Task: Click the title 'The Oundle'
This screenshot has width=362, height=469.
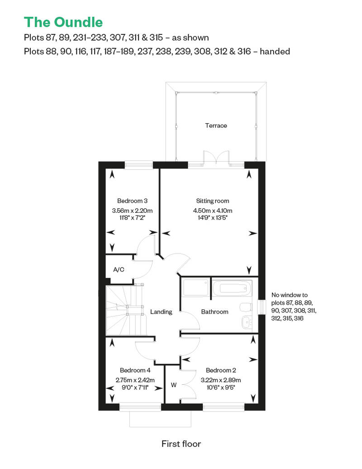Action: (63, 23)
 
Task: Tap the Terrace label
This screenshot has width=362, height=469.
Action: (216, 126)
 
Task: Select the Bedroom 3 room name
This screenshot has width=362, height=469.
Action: (132, 201)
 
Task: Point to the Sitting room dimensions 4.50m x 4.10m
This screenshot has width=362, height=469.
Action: (213, 211)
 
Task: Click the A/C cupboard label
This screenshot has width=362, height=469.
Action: (119, 269)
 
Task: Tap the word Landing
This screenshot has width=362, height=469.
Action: (161, 312)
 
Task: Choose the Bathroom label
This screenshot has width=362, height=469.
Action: (214, 311)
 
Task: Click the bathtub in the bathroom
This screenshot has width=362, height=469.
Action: (232, 288)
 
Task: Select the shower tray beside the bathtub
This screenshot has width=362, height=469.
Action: (195, 287)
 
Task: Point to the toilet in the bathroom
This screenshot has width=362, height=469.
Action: (246, 307)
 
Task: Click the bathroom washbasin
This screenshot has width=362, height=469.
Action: (247, 322)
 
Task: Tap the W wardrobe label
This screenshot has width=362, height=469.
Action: (174, 385)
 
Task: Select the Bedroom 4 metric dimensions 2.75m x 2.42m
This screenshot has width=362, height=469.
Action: (135, 380)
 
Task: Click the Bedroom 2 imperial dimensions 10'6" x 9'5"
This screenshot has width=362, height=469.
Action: (221, 388)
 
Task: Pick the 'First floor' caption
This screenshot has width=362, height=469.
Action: (181, 444)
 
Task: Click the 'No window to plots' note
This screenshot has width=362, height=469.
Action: (294, 306)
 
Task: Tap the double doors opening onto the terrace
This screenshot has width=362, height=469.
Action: (216, 157)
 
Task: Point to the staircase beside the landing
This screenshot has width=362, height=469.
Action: (126, 310)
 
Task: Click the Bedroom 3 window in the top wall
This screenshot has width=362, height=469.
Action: (139, 165)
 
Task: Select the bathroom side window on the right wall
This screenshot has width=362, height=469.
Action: (262, 307)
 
